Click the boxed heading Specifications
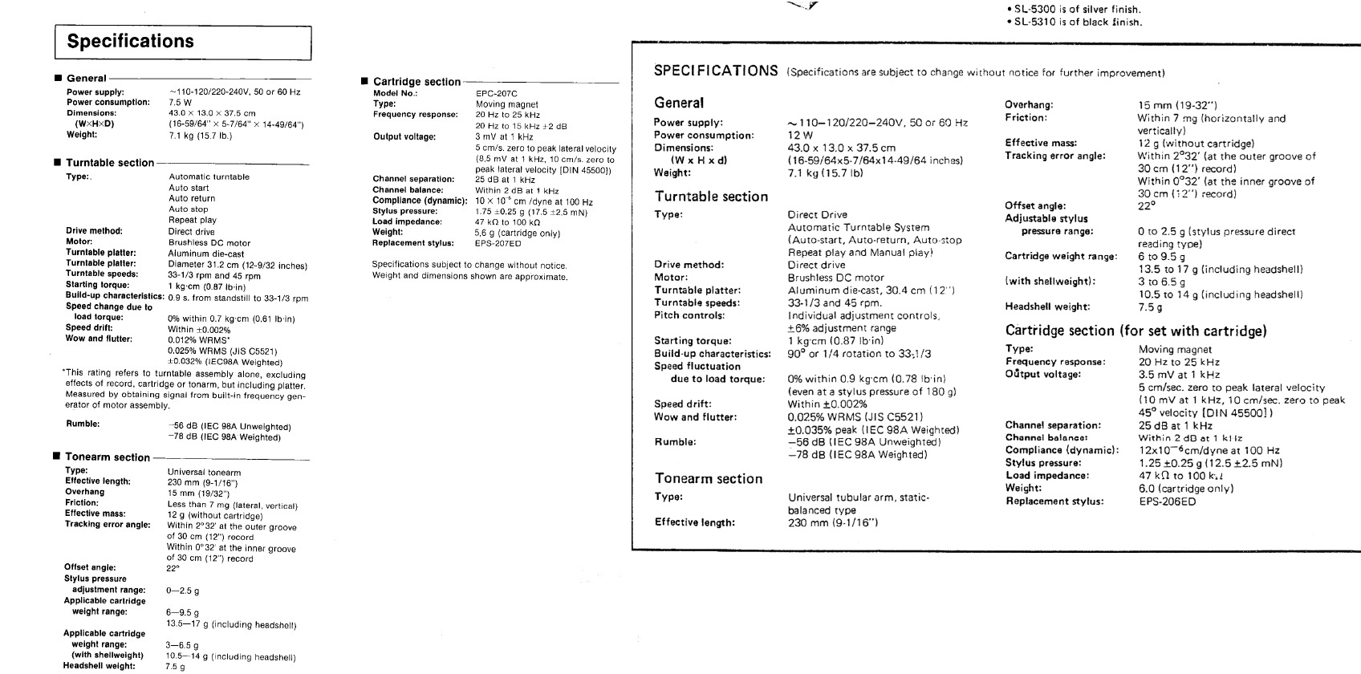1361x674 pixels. [131, 42]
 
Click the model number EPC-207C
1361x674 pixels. [496, 94]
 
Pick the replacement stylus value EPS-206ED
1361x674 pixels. [1167, 501]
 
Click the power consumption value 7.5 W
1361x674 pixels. [180, 103]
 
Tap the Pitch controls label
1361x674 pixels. [689, 315]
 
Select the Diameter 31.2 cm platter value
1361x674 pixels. [237, 265]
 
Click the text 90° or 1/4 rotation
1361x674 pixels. [859, 354]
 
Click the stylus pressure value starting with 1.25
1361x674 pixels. [1210, 463]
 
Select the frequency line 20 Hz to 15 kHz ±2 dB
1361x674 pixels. [521, 126]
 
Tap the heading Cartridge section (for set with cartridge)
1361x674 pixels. [1136, 331]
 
